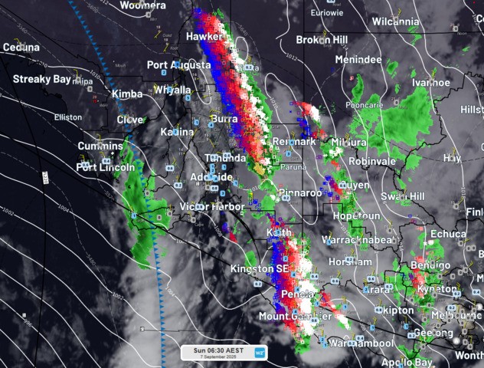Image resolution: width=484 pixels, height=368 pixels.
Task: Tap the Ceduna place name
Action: (21, 48)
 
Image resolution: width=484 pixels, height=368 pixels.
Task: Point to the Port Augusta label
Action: (178, 65)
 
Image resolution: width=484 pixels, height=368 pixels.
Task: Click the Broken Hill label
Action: (322, 39)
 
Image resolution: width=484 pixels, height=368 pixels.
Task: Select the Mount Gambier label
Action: (295, 316)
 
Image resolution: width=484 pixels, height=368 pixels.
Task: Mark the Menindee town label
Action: (358, 59)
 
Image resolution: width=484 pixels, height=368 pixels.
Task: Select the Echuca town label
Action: (447, 234)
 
